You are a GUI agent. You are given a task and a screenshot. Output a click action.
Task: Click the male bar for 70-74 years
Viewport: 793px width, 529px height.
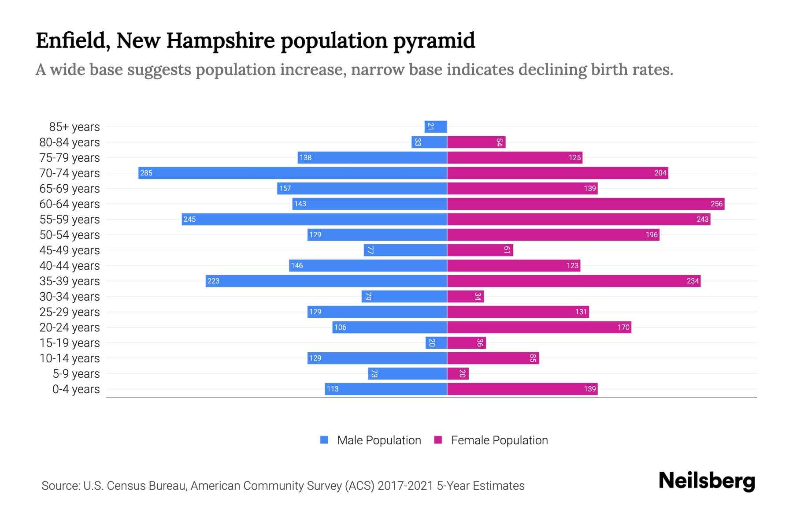tap(293, 173)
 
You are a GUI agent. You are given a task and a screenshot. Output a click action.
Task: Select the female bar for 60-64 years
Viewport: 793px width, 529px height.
tap(585, 204)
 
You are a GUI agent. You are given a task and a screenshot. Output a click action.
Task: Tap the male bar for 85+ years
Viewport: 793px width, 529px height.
tap(436, 127)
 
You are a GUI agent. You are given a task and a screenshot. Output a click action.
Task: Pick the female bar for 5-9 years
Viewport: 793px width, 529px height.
tap(458, 373)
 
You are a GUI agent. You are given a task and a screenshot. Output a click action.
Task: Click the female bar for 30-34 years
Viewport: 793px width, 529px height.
tap(465, 296)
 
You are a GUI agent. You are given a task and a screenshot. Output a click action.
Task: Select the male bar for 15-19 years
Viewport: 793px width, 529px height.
tap(436, 343)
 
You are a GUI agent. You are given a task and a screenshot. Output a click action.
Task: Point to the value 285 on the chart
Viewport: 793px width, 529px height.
tap(146, 173)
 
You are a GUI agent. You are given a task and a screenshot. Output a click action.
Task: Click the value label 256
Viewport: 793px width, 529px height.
tap(716, 204)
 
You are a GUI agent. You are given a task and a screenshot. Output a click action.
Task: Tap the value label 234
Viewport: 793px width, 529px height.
tap(693, 281)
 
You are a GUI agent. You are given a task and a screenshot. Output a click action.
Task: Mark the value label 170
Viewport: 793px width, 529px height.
tap(623, 327)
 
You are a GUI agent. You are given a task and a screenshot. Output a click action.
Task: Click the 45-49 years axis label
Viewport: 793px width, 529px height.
tap(70, 250)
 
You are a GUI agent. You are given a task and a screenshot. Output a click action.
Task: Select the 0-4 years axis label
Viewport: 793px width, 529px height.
tap(76, 389)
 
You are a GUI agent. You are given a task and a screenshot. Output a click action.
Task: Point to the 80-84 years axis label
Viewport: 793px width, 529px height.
tap(70, 142)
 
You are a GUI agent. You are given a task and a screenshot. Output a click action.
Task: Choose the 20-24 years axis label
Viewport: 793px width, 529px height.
tap(70, 328)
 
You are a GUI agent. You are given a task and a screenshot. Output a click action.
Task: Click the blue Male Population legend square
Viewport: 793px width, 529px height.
tap(324, 440)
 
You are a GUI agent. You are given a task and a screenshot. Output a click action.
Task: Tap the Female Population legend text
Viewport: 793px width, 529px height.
tap(499, 440)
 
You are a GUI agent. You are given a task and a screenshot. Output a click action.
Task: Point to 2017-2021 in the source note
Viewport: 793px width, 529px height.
tap(405, 486)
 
